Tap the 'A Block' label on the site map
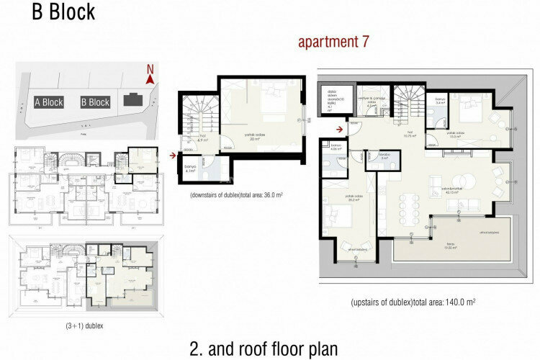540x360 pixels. coord(49,102)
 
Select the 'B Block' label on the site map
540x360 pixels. coord(94,102)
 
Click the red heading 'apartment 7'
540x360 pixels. coord(333,42)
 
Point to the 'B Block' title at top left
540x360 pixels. coord(63,13)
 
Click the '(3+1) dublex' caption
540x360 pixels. coord(84,326)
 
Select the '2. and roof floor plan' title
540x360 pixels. coord(264,348)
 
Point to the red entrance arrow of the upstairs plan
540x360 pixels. coord(338,130)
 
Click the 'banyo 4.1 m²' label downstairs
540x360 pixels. coord(191,169)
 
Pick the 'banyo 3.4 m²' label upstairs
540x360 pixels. coord(441,102)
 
